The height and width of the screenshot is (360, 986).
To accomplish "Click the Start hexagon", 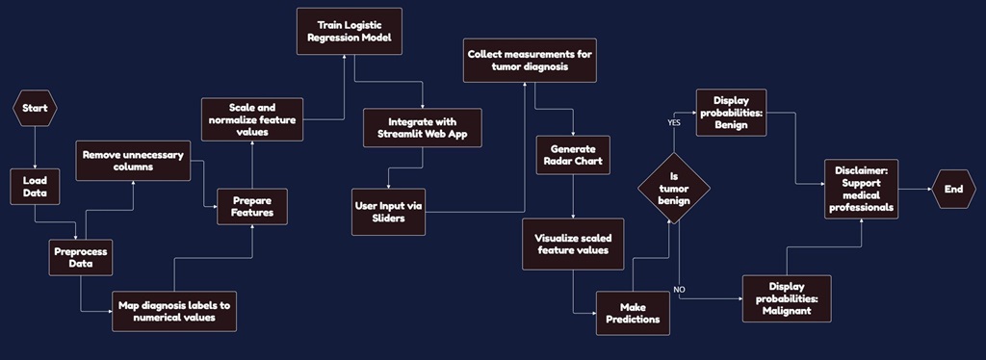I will tap(35, 109).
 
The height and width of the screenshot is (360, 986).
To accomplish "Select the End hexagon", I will tap(953, 190).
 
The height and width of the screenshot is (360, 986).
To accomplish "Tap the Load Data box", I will tap(35, 187).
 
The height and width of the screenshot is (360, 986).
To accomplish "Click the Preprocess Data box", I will tap(81, 257).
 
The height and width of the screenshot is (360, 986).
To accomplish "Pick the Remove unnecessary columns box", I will tap(134, 160).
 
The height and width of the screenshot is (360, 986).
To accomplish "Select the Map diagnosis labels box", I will tap(173, 311).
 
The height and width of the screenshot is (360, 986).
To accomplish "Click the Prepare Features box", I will tap(252, 205).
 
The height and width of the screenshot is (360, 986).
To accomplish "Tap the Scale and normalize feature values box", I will tap(252, 118).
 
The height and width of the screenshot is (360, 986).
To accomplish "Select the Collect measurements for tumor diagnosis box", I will tap(530, 61).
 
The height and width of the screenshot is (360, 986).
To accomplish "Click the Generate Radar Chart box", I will tap(574, 155).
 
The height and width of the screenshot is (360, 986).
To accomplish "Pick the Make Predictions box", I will tap(633, 313).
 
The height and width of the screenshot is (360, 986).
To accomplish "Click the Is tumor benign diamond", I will tap(674, 188).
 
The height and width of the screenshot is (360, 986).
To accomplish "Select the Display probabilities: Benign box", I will tap(738, 113).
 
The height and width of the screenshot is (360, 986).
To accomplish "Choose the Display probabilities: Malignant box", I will tap(787, 298).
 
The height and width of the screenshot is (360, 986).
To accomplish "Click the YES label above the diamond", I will tap(675, 123).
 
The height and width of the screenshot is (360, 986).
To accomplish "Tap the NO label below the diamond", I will tap(679, 289).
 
